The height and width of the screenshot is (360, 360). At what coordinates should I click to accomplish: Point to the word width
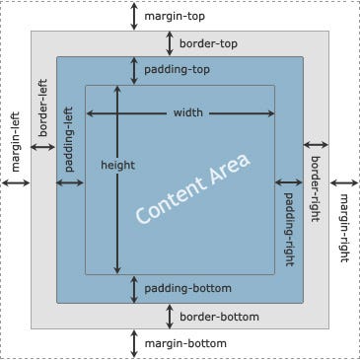click(187, 112)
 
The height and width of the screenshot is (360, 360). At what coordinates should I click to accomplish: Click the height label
click(117, 165)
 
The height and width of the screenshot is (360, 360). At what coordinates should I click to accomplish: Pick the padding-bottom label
click(187, 289)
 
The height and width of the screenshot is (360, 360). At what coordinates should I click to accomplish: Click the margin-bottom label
click(185, 343)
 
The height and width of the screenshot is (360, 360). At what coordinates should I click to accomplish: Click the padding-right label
click(289, 224)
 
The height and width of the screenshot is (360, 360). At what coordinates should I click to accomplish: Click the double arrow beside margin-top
click(135, 16)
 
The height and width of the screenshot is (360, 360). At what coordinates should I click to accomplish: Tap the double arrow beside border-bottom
click(170, 317)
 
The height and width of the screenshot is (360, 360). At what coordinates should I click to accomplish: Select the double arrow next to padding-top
click(135, 70)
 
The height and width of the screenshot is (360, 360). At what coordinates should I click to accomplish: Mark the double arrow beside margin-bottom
click(135, 343)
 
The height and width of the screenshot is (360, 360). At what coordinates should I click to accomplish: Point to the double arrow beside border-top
click(170, 43)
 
